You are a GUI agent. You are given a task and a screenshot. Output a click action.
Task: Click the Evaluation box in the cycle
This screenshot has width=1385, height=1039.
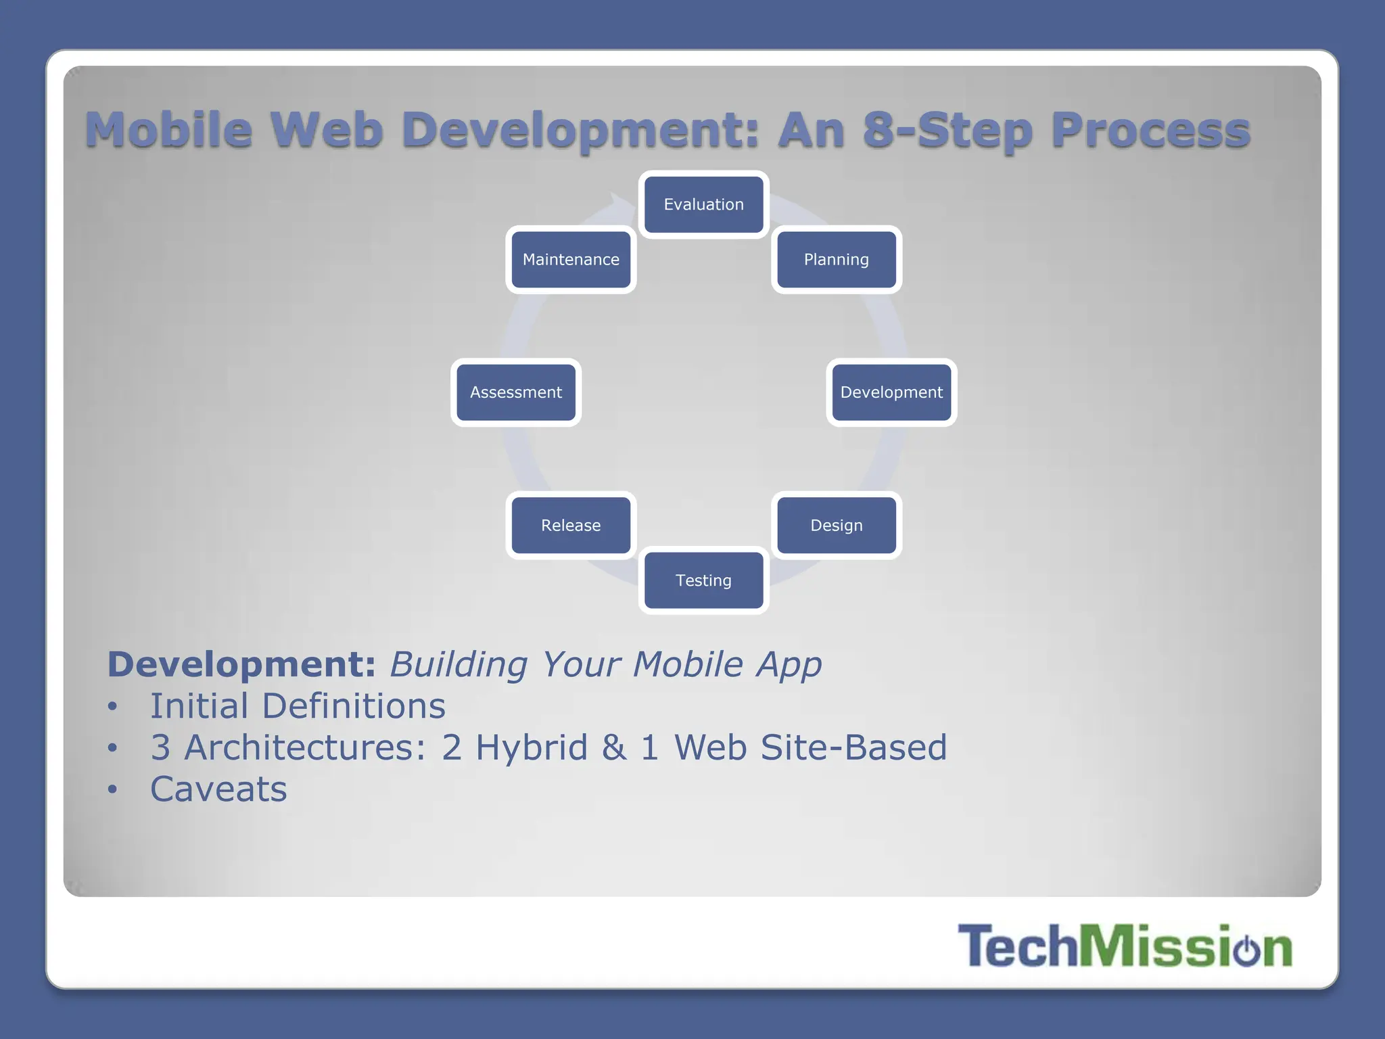pyautogui.click(x=703, y=204)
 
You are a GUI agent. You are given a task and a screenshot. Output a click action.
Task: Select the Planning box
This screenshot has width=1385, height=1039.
pyautogui.click(x=837, y=260)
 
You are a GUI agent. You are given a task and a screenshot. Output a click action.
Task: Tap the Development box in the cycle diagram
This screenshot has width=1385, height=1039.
pyautogui.click(x=891, y=392)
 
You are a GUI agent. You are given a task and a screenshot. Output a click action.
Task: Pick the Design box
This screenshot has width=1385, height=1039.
pyautogui.click(x=837, y=526)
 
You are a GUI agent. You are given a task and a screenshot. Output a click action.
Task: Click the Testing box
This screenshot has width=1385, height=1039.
pyautogui.click(x=703, y=580)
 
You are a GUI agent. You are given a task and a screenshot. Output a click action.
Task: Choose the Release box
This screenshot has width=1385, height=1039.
pyautogui.click(x=571, y=526)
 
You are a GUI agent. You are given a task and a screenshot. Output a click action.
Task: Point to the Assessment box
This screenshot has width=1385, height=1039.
pyautogui.click(x=516, y=392)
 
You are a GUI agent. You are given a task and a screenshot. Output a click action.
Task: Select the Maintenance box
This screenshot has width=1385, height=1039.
pyautogui.click(x=571, y=260)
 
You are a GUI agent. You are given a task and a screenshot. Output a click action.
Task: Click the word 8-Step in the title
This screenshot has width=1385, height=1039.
pyautogui.click(x=947, y=130)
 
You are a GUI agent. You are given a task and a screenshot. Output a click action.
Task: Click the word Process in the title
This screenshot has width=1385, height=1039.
pyautogui.click(x=1150, y=130)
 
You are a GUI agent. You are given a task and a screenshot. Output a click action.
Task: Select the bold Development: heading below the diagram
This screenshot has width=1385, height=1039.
pyautogui.click(x=241, y=664)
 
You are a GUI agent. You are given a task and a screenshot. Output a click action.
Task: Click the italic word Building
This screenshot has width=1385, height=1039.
pyautogui.click(x=459, y=664)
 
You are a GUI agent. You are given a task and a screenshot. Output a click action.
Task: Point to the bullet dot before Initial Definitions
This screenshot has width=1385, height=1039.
pyautogui.click(x=112, y=707)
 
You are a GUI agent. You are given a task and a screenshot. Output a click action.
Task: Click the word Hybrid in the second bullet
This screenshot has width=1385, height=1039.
pyautogui.click(x=532, y=748)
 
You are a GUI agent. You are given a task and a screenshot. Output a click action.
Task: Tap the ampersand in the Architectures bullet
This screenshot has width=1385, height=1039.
pyautogui.click(x=613, y=748)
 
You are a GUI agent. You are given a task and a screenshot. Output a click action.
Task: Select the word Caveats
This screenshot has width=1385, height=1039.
pyautogui.click(x=218, y=789)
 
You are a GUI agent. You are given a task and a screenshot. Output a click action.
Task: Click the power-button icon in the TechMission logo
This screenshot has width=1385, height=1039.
pyautogui.click(x=1246, y=948)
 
